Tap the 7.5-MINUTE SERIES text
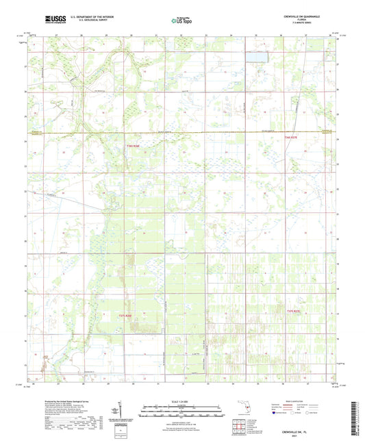pos(303,24)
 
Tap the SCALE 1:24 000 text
pos(182,401)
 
